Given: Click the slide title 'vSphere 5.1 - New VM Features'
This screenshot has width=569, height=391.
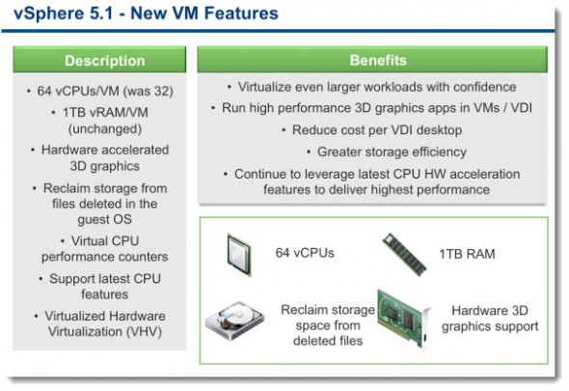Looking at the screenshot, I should [141, 14].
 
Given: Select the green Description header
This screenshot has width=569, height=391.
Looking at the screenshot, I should [104, 61].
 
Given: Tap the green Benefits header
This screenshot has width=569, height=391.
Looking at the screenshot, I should [373, 61].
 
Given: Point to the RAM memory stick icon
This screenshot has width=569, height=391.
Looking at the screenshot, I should [406, 252].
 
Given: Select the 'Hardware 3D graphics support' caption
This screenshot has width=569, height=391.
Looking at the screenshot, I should [489, 319].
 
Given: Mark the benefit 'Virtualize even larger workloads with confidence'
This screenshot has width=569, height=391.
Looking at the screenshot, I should [371, 87].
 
